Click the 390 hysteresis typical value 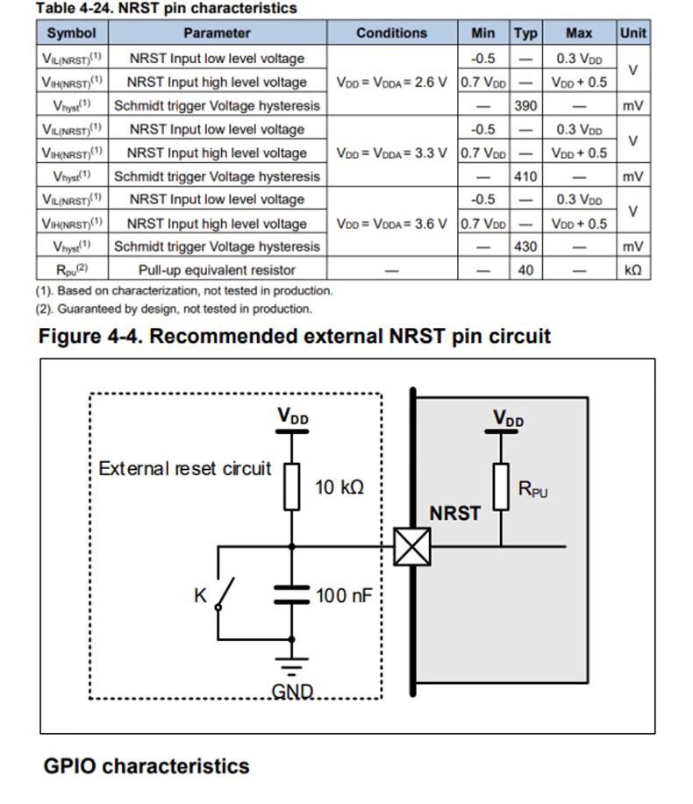tap(525, 106)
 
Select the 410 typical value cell tap(525, 176)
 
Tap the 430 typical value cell tap(525, 246)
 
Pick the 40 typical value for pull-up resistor tap(525, 270)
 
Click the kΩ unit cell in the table tap(632, 270)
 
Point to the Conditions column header tap(391, 33)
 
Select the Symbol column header tap(71, 33)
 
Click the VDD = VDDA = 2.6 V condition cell tap(391, 82)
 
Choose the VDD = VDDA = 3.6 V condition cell tap(391, 223)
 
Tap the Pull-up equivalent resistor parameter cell tap(217, 270)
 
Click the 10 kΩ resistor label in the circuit tap(339, 487)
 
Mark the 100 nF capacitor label tap(344, 596)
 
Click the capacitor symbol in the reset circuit tap(292, 595)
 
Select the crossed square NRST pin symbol tap(411, 547)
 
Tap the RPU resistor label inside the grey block tap(532, 489)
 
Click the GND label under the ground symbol tap(292, 691)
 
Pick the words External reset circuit tap(185, 468)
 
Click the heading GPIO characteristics tap(146, 765)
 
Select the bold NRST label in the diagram tap(454, 514)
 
